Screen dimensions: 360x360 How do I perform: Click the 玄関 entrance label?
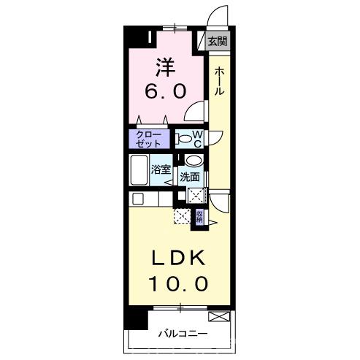pos(218,42)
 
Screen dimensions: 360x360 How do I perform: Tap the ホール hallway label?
pos(219,81)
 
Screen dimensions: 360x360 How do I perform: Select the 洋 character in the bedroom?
pos(166,67)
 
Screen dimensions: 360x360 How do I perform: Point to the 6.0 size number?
pos(166,91)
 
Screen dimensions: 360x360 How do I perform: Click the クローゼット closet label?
pos(148,139)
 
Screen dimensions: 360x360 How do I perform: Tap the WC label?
pos(198,139)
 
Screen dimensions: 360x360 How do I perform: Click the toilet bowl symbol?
pos(184,139)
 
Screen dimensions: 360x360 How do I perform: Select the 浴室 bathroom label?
pos(161,169)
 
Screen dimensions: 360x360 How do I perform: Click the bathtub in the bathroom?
pos(139,170)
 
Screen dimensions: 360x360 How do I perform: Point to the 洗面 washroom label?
pos(190,177)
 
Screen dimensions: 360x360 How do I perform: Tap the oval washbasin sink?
pos(194,161)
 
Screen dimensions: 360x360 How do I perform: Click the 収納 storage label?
pos(199,217)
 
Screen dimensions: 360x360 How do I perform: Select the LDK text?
pos(178,258)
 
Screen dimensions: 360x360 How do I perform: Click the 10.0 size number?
pos(179,284)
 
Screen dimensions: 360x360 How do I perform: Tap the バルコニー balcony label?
pos(183,334)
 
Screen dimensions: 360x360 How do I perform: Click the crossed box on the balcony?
pos(219,316)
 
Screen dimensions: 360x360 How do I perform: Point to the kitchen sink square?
pos(138,199)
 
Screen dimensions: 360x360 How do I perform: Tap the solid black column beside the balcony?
pos(137,318)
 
